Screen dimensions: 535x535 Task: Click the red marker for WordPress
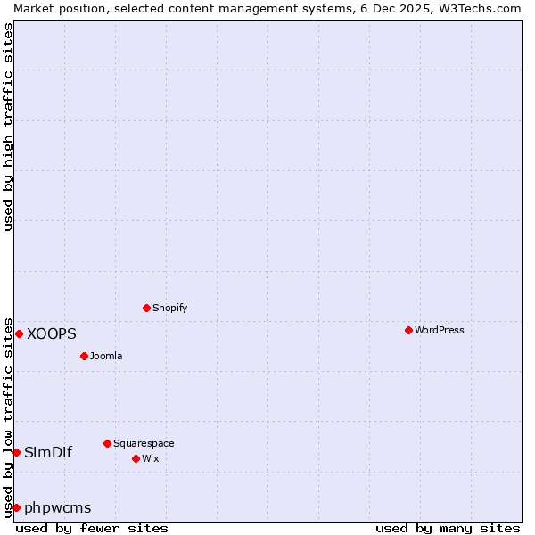(408, 330)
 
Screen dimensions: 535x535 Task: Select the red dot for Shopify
(146, 308)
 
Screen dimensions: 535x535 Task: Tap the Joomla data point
(84, 356)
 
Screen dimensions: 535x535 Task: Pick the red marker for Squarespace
(107, 443)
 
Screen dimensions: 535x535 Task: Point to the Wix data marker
(136, 458)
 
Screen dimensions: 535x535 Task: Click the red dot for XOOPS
(19, 333)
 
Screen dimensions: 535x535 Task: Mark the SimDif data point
(16, 452)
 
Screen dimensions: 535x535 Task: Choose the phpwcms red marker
(16, 507)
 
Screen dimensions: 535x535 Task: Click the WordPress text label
(440, 330)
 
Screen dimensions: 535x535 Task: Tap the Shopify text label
(170, 308)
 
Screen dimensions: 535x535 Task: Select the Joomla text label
(106, 356)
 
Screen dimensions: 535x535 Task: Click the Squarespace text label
(144, 443)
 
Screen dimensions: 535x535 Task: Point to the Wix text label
(151, 458)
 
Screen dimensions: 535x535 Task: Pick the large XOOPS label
(52, 333)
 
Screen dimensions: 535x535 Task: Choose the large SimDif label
(48, 452)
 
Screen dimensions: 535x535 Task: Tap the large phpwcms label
(58, 507)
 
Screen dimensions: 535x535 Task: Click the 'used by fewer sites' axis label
(92, 528)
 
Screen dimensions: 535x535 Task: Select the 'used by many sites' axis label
(448, 528)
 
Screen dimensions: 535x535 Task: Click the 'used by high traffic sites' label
(8, 127)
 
